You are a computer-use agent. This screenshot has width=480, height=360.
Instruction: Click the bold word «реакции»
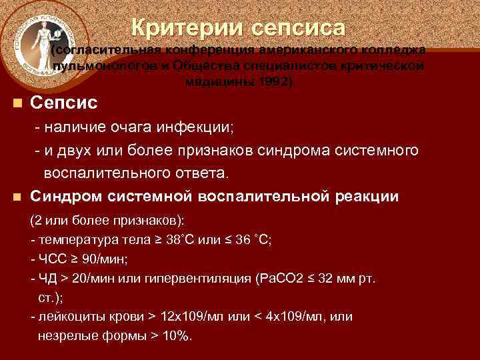[365, 197]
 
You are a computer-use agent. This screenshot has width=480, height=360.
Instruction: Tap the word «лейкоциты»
[69, 315]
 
